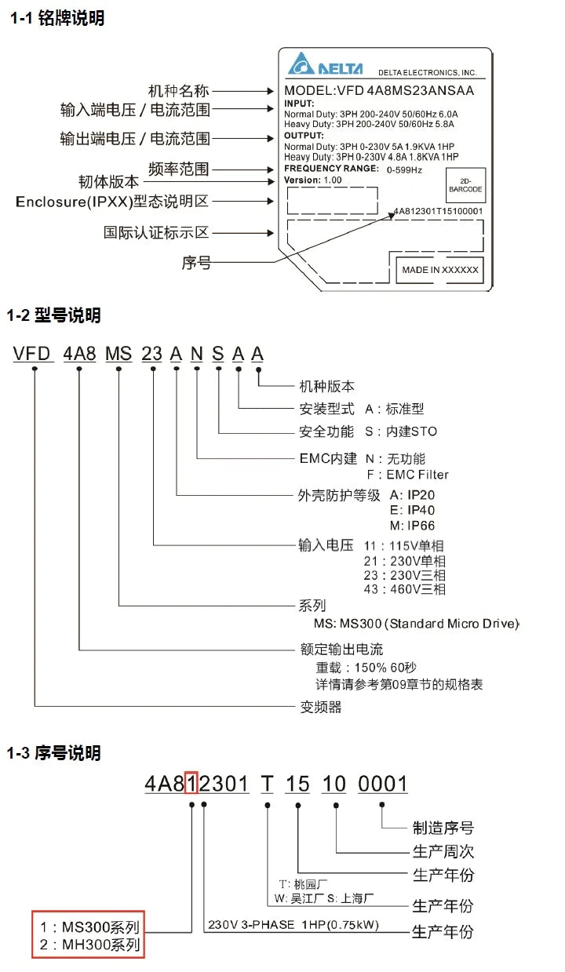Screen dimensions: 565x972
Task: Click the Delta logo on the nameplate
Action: pos(325,64)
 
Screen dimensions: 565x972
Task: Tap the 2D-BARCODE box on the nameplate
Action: pos(465,185)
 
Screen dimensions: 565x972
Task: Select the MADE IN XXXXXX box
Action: pos(440,270)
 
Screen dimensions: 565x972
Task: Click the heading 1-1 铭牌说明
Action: pos(57,18)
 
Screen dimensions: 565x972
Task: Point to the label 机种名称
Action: pos(179,91)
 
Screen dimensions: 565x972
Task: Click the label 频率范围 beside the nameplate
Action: pos(179,169)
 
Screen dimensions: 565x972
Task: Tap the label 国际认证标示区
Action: pos(156,232)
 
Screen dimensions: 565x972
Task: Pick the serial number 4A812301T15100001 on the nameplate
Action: pos(438,211)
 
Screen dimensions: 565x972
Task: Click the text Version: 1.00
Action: pos(313,180)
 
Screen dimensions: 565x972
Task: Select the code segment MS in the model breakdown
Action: pos(118,354)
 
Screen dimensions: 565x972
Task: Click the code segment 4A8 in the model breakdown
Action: pos(79,354)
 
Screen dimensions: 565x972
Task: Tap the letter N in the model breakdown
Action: pos(197,354)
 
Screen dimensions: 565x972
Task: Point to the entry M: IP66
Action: pos(412,526)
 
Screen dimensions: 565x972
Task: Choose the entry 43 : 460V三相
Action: pos(404,589)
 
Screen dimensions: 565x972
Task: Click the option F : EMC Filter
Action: pos(407,475)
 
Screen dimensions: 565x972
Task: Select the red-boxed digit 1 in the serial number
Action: pos(191,784)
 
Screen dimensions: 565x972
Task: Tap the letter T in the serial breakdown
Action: pos(268,784)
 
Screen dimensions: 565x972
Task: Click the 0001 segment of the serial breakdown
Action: pos(383,784)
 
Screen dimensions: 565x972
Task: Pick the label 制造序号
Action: pos(443,828)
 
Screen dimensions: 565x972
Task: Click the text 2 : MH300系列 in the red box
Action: pos(89,945)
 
